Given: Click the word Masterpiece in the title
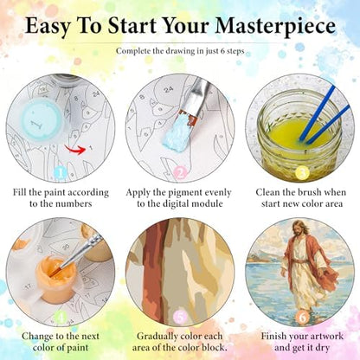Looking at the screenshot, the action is click(x=275, y=26).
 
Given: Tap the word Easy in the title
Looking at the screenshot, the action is click(x=48, y=27).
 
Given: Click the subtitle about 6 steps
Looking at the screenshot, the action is click(x=180, y=51).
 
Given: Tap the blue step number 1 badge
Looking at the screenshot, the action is click(x=61, y=173).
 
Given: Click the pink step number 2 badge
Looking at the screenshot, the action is click(x=181, y=173).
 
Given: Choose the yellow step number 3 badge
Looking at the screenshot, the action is click(x=302, y=173).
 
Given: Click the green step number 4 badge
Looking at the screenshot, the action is click(x=61, y=318).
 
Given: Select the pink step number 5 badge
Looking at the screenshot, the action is click(x=180, y=318).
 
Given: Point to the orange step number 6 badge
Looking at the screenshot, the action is click(x=302, y=318).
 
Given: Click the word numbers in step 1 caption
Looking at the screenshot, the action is click(x=74, y=204).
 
